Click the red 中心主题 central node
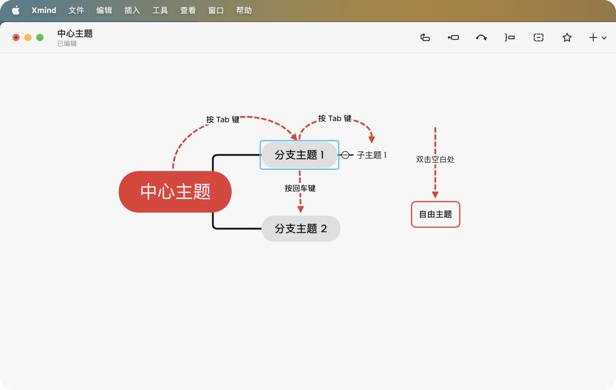[x=175, y=192]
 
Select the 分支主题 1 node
[x=299, y=155]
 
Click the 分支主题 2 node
[x=301, y=229]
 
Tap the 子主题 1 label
[x=372, y=155]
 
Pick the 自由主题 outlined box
[x=435, y=214]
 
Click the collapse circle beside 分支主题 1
[x=345, y=155]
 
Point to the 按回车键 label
[x=300, y=188]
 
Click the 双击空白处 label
[x=435, y=159]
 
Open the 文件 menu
[x=76, y=10]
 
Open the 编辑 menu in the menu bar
[x=104, y=10]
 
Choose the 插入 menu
[x=132, y=10]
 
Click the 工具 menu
[x=160, y=10]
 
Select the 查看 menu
[x=188, y=10]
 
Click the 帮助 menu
[x=244, y=10]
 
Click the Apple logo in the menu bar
[x=16, y=10]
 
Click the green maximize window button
[x=40, y=37]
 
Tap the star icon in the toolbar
[x=567, y=37]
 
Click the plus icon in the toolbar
[x=593, y=37]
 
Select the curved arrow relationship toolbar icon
[x=481, y=37]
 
